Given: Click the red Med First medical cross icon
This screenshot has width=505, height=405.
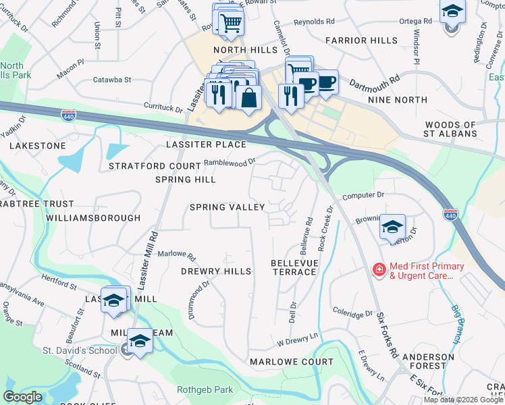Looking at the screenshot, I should pyautogui.click(x=379, y=270).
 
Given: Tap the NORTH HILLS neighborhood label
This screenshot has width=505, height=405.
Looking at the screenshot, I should pyautogui.click(x=245, y=51).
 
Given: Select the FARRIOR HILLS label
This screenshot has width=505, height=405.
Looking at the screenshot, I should pyautogui.click(x=361, y=40).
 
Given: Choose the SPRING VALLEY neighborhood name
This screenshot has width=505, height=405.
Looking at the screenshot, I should pyautogui.click(x=227, y=207).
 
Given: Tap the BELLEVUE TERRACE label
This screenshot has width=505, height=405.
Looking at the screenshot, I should pyautogui.click(x=294, y=267).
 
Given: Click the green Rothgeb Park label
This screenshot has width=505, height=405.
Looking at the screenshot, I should pyautogui.click(x=205, y=389).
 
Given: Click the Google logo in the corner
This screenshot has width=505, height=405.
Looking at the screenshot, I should pyautogui.click(x=22, y=397).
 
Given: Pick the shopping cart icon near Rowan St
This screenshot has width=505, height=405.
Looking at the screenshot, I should pyautogui.click(x=231, y=24).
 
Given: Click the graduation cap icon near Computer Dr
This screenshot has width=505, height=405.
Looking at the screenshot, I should pyautogui.click(x=392, y=227).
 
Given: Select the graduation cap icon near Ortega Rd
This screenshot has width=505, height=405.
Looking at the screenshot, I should pyautogui.click(x=452, y=13).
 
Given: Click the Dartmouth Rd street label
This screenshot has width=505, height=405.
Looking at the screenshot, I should pyautogui.click(x=375, y=83).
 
